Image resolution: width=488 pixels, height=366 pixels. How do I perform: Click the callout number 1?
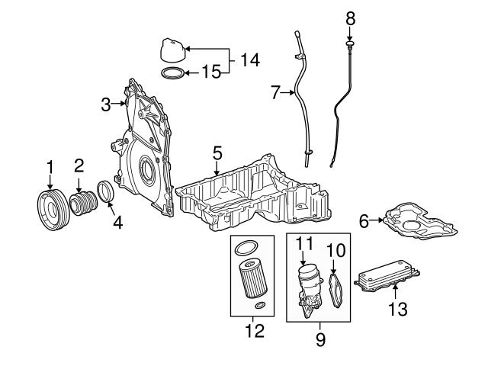(x=50, y=165)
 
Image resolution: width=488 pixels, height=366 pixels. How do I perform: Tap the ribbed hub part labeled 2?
(x=83, y=204)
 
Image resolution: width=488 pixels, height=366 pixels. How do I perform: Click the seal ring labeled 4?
(x=106, y=193)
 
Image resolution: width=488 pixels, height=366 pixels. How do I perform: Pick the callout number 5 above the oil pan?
(x=217, y=153)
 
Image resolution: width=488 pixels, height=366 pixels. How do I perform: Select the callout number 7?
(x=275, y=93)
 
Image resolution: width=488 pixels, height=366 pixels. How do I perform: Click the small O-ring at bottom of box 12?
(x=261, y=307)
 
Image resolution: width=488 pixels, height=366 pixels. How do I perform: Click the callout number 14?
(x=249, y=59)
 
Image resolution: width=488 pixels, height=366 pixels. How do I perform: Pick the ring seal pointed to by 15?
(x=174, y=73)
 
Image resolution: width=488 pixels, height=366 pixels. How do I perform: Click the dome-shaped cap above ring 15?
(x=172, y=51)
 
